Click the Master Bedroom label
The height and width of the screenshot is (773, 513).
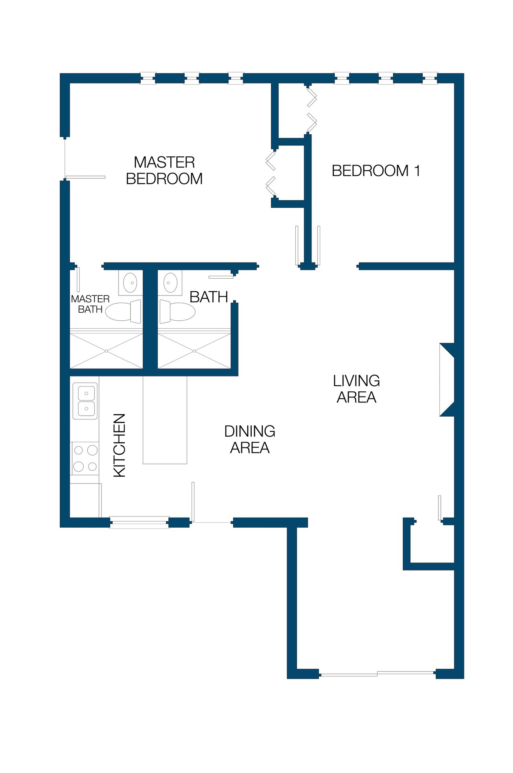(164, 170)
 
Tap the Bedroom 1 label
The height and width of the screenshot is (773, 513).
(376, 171)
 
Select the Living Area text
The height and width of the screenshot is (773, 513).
(357, 389)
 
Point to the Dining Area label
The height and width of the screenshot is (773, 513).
(250, 439)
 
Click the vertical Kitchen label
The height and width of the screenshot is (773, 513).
(120, 445)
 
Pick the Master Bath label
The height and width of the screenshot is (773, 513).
(90, 304)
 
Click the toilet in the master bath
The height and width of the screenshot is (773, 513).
(123, 312)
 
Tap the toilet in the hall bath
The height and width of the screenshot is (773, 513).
(178, 312)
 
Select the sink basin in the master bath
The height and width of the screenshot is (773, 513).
(130, 283)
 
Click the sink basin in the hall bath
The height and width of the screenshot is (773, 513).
(170, 283)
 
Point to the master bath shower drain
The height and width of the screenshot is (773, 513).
(107, 351)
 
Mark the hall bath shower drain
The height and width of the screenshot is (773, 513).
(194, 351)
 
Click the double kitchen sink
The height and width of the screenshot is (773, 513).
(85, 401)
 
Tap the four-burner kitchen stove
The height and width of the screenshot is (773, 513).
(85, 458)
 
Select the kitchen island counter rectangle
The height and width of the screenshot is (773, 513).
(165, 420)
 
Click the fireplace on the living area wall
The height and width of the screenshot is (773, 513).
(447, 380)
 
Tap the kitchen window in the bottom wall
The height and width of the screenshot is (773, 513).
(139, 522)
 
